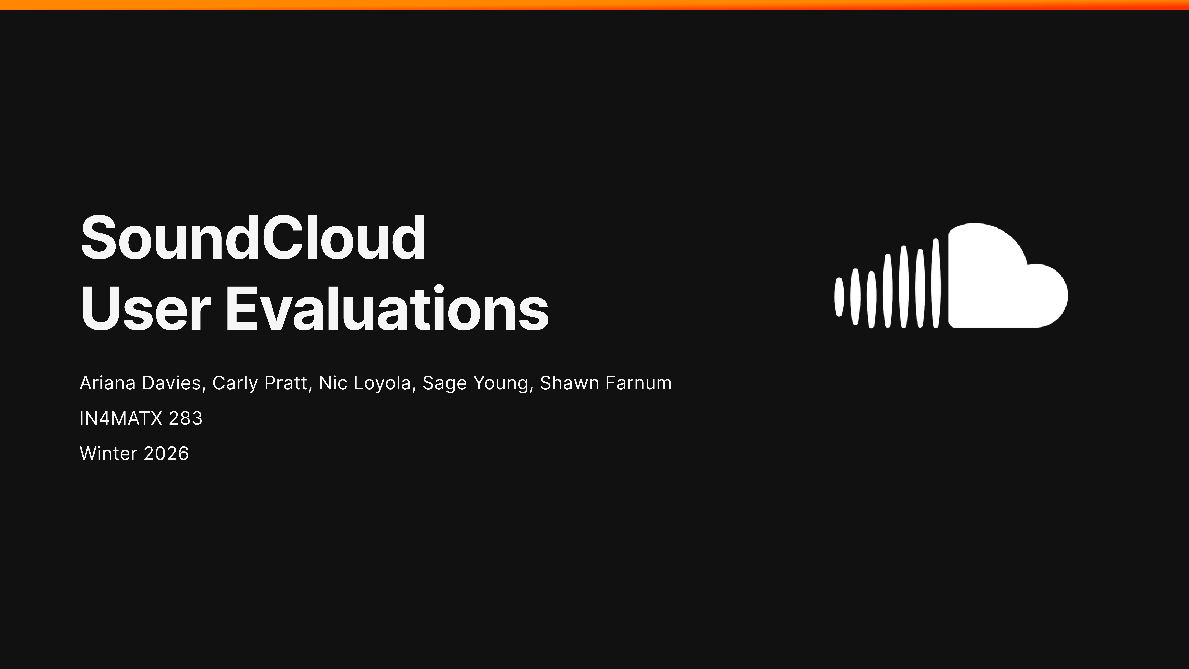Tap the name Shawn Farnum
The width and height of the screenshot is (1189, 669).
pyautogui.click(x=606, y=383)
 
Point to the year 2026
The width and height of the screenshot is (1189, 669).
pyautogui.click(x=166, y=453)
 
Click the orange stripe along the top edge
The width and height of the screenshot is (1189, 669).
pyautogui.click(x=594, y=5)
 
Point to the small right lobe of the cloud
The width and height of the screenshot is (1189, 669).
pyautogui.click(x=1048, y=296)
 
